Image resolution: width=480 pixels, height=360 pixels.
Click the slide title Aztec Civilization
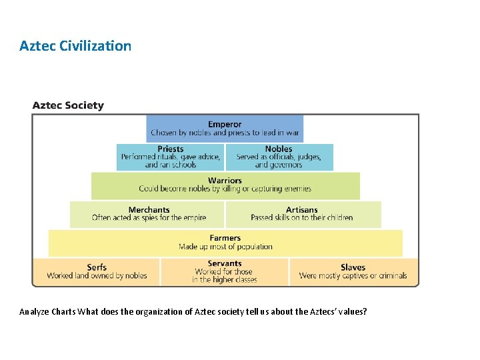(x=75, y=46)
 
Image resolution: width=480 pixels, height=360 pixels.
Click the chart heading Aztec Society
(x=68, y=105)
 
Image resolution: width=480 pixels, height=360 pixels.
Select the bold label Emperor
(x=225, y=124)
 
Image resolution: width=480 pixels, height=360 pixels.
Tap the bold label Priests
(x=171, y=149)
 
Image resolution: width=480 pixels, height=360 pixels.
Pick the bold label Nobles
(x=279, y=149)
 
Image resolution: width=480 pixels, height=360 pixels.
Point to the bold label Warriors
(x=225, y=180)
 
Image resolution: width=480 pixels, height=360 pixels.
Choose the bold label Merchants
(x=149, y=209)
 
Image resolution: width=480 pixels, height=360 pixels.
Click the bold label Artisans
(x=302, y=209)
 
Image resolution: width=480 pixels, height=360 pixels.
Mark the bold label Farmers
(x=225, y=238)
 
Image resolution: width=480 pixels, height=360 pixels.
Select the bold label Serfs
(x=97, y=267)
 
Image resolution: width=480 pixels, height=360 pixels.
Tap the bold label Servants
(x=225, y=263)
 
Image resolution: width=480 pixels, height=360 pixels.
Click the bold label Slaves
(x=353, y=267)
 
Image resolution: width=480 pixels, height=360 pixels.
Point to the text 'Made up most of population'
(x=225, y=247)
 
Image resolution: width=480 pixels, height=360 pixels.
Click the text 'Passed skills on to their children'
(x=302, y=218)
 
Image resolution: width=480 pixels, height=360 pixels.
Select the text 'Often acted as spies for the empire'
(x=149, y=218)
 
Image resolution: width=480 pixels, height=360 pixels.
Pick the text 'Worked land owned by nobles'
(x=97, y=276)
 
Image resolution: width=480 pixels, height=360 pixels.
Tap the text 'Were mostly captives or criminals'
(x=353, y=276)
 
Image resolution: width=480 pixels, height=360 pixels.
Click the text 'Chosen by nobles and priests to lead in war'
(x=225, y=133)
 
